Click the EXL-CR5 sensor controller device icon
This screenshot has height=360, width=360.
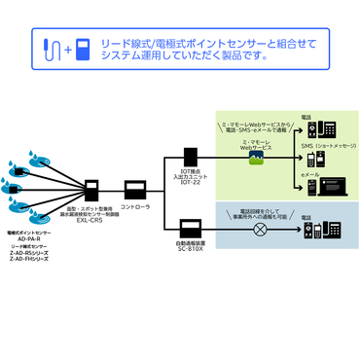[93, 189]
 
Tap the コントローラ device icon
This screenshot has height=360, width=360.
[134, 188]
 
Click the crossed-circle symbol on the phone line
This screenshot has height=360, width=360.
[260, 231]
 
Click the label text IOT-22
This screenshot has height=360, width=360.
[191, 184]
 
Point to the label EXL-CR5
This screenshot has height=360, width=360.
[90, 221]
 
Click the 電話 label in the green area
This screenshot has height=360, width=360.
[308, 115]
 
